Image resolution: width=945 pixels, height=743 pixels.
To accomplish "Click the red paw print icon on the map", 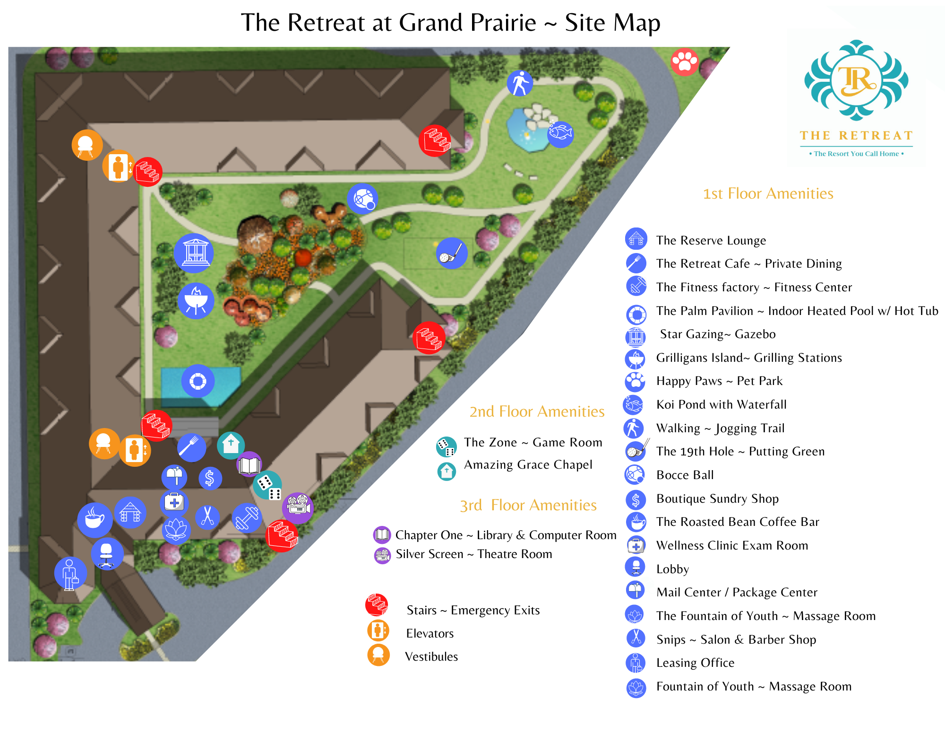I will (x=684, y=61).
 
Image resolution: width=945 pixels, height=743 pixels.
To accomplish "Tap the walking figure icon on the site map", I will (x=520, y=83).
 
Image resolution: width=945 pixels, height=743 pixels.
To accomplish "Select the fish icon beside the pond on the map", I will (x=560, y=134).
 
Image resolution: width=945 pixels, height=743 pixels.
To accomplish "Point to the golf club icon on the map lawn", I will (x=452, y=253).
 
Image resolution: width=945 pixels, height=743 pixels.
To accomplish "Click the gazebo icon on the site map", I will (x=194, y=253).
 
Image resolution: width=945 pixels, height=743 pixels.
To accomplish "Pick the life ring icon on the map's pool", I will (x=198, y=381).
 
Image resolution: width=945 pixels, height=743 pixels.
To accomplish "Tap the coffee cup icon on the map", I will (x=94, y=520).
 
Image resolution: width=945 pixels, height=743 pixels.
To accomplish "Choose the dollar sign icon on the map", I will (x=210, y=478).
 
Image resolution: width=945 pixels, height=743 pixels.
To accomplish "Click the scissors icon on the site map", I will (x=207, y=516).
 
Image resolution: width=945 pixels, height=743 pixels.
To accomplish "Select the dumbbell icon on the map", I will (x=247, y=518).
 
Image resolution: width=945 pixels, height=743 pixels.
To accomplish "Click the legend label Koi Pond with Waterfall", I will (x=721, y=404).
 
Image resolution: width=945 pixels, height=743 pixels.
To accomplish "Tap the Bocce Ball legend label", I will (x=685, y=475).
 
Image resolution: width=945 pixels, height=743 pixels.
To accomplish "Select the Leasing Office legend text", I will (x=695, y=663).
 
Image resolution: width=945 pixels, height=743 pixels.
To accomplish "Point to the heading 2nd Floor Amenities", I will (x=537, y=411).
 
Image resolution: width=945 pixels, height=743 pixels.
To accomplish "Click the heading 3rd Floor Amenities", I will (x=528, y=505).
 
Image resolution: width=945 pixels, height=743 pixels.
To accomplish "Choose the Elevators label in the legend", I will (x=430, y=633).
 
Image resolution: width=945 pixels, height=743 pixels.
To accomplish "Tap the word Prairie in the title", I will (x=503, y=23).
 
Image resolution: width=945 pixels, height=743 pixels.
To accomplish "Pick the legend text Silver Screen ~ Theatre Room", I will (x=473, y=554).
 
